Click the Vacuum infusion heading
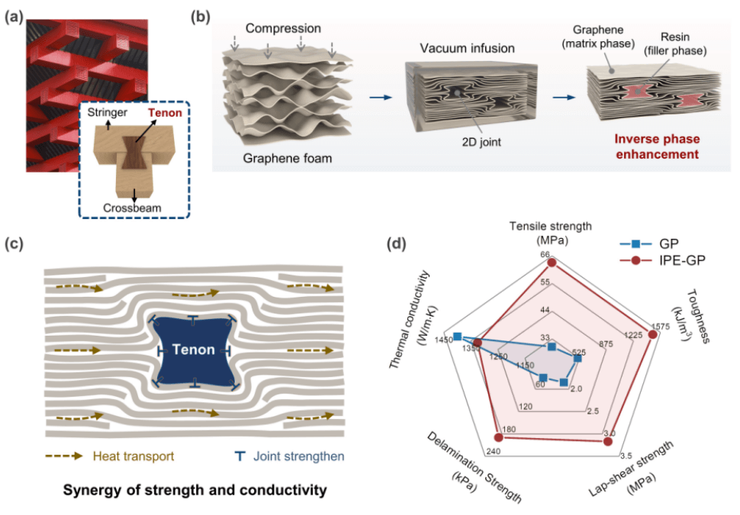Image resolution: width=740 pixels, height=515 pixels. [x=467, y=48]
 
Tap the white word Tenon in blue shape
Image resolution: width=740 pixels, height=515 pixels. [x=194, y=350]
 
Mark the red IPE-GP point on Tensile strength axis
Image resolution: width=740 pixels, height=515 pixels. [x=553, y=263]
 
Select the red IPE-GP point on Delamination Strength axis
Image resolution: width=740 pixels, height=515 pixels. [x=498, y=437]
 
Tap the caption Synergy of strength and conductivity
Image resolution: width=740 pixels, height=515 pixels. [x=195, y=490]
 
